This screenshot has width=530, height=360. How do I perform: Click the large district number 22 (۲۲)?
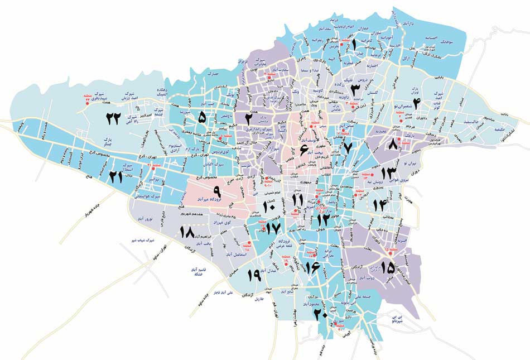114,118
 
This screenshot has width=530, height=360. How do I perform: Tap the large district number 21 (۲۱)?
115,177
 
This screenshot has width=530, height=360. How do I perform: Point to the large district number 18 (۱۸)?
186,232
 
